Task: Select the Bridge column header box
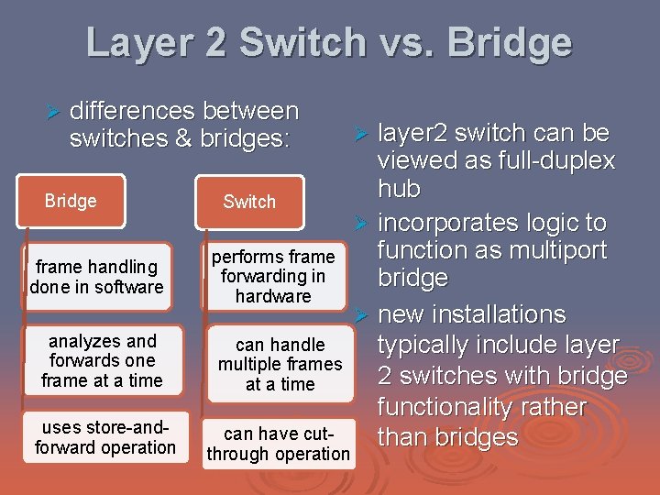[71, 201]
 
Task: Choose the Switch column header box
[249, 202]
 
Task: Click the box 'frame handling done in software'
[96, 277]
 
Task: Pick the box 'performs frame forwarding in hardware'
[273, 277]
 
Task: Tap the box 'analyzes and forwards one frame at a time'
[102, 360]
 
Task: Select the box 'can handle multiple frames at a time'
[280, 364]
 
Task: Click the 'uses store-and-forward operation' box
[105, 437]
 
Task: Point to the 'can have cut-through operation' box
[278, 444]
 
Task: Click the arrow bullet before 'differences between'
[52, 113]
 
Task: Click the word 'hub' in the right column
[399, 190]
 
